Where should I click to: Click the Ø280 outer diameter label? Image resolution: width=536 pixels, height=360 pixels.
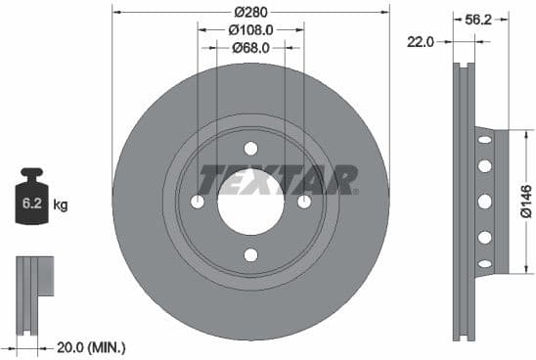(x=250, y=13)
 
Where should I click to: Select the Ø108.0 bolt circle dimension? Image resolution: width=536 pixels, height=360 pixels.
(x=250, y=29)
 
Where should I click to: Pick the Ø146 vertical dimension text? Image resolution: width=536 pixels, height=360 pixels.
(x=525, y=201)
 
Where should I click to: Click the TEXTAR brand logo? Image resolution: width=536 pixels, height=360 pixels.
(x=278, y=180)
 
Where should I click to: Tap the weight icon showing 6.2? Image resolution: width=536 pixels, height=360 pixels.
(x=29, y=202)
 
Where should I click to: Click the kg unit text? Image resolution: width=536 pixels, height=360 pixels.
(x=61, y=205)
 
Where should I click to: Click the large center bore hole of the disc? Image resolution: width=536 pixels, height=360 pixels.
(x=250, y=202)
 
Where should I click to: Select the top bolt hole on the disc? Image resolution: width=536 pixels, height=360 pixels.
(x=250, y=149)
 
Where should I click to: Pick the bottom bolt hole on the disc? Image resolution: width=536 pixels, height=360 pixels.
(x=250, y=255)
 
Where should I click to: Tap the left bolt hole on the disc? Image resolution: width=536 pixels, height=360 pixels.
(x=198, y=202)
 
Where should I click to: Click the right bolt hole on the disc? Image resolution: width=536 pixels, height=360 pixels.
(x=304, y=202)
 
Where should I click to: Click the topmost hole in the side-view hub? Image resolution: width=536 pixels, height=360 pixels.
(x=483, y=142)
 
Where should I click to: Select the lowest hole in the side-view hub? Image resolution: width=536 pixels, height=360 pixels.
(x=483, y=261)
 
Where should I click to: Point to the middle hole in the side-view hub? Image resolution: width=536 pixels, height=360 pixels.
(x=483, y=202)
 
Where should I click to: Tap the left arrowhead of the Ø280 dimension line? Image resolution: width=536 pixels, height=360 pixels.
(x=116, y=13)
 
